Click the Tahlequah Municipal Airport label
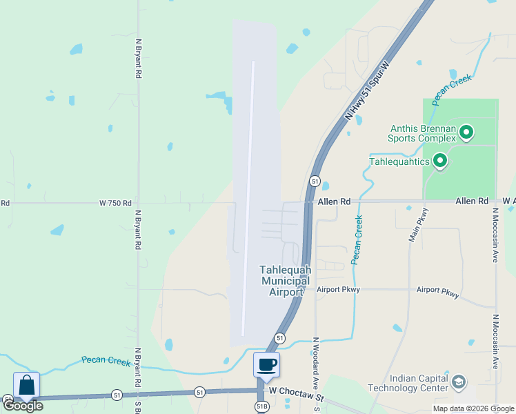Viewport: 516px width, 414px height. coord(285,281)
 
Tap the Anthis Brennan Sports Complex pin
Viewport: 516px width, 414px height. coord(466,132)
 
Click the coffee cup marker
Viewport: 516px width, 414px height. coord(266,364)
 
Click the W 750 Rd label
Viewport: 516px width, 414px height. coord(115,203)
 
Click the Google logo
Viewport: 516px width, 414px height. coord(23,406)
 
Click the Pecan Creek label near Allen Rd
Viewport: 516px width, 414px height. coord(357,239)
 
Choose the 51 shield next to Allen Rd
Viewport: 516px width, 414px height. coord(315,181)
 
